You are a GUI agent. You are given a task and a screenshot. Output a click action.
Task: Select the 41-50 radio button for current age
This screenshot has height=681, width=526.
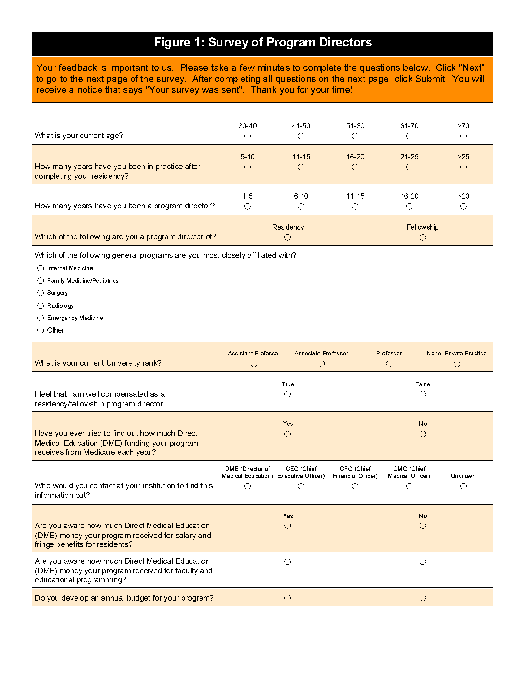click(301, 136)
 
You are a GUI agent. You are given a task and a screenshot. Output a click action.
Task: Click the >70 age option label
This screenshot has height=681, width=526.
click(463, 126)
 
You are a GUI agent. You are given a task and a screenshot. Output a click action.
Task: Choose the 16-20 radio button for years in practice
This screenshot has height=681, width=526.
click(355, 167)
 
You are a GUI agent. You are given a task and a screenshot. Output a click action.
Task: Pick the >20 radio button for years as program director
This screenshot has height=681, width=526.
click(463, 206)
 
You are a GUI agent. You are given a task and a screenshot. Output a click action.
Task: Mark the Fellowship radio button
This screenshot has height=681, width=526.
click(423, 238)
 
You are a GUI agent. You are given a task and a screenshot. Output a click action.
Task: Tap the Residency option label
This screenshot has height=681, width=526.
click(288, 227)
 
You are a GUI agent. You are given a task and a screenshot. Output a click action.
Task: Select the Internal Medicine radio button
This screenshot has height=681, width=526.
click(41, 268)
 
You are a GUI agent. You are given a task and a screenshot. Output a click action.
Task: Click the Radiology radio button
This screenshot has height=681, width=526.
click(41, 306)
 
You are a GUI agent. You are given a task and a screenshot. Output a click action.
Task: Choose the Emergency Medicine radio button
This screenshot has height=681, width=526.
click(41, 318)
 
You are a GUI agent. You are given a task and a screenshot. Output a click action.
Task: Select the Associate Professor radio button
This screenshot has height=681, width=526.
click(321, 364)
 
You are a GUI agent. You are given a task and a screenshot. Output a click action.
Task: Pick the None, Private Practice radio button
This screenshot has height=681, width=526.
click(457, 364)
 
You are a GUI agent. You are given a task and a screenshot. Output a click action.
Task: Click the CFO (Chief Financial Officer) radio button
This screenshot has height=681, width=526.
click(355, 486)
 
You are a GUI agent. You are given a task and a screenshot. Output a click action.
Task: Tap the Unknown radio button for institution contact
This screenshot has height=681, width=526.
click(463, 486)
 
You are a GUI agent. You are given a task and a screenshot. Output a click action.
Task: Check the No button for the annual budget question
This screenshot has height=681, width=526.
click(423, 598)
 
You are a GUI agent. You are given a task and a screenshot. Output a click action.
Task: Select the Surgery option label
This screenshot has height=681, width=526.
click(57, 293)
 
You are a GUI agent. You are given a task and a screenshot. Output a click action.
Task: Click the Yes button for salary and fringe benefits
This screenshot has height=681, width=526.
click(288, 526)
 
